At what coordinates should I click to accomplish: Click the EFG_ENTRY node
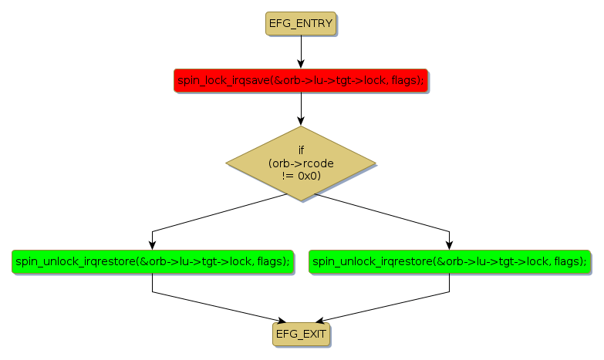[x=301, y=24]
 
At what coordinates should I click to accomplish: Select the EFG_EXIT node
[x=301, y=334]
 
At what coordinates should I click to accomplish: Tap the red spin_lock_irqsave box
[x=301, y=80]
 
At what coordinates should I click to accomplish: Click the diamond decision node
[x=301, y=163]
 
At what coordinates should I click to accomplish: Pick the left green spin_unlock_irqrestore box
[x=152, y=261]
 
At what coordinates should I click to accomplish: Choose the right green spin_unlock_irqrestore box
[x=450, y=261]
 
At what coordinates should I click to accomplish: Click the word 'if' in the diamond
[x=301, y=150]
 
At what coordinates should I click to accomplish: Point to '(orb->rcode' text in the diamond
[x=301, y=163]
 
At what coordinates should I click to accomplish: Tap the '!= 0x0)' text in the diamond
[x=301, y=176]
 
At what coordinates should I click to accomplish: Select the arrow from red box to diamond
[x=301, y=108]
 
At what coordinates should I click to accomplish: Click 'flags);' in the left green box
[x=273, y=261]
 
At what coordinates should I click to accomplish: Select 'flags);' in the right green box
[x=570, y=261]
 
